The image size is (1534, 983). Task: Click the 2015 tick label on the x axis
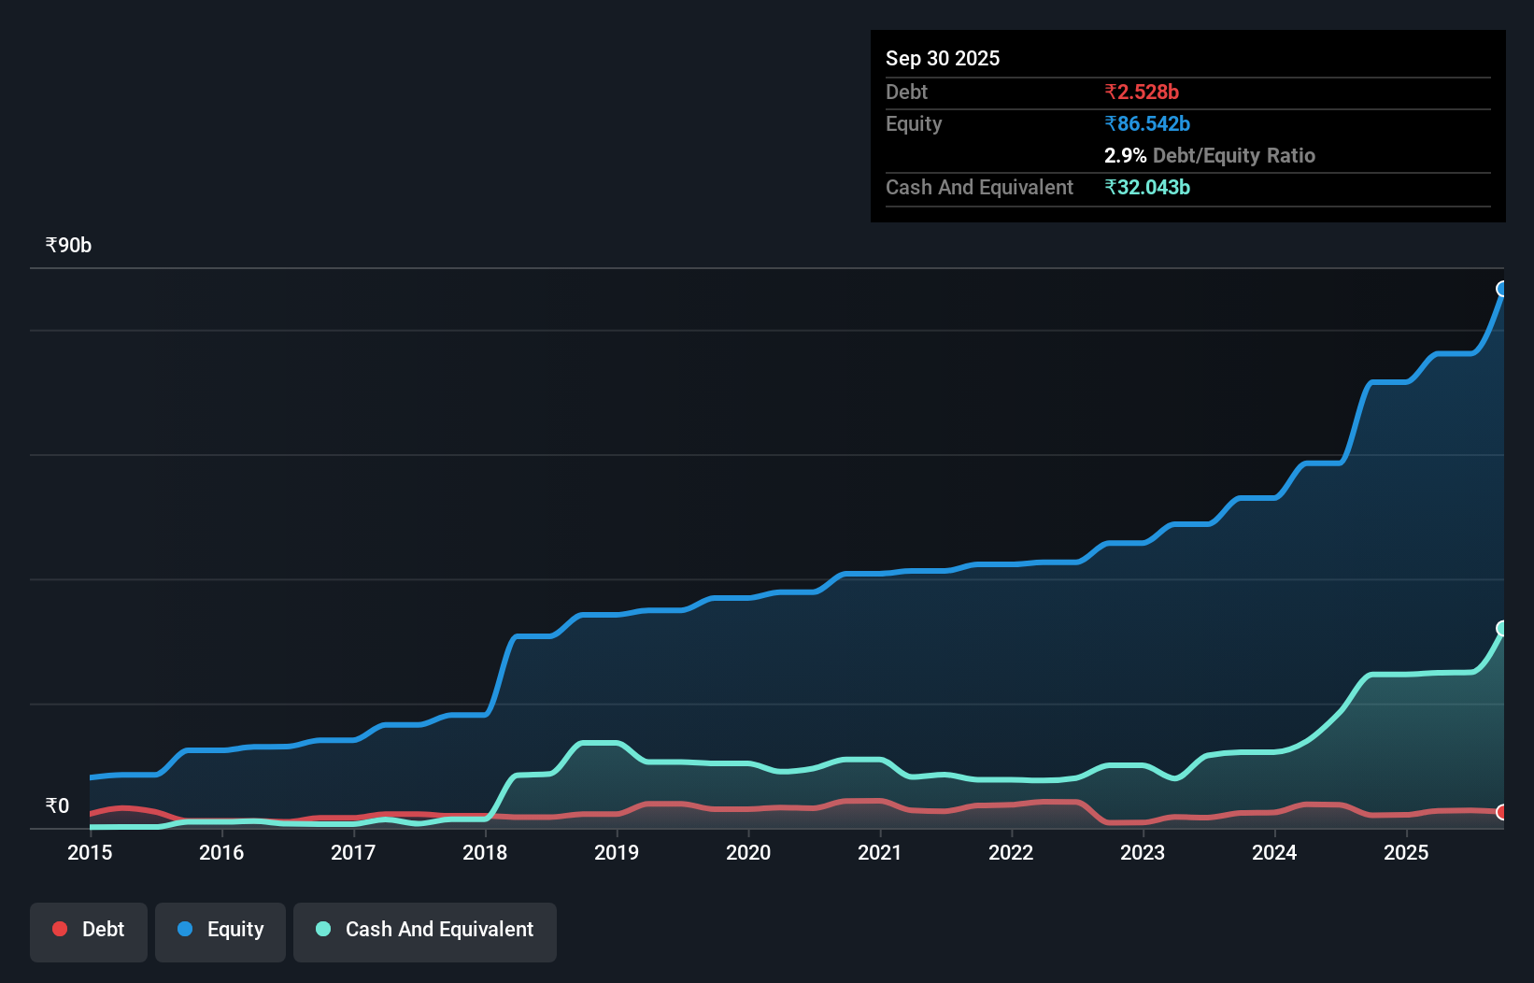(90, 852)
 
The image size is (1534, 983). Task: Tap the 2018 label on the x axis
(485, 852)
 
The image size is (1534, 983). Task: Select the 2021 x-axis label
(880, 852)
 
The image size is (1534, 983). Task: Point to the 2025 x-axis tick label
(1406, 852)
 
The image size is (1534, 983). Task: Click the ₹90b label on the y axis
(68, 245)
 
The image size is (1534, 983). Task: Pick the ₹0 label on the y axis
(57, 805)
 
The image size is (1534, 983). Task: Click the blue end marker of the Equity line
(1502, 289)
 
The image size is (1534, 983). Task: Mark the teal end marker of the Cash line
(1502, 628)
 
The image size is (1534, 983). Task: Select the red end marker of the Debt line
(1502, 812)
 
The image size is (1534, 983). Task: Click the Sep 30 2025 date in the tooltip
(943, 58)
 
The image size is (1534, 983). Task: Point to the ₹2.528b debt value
(1142, 92)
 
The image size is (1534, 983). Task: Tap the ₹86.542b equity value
(1147, 123)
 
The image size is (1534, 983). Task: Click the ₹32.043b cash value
(1147, 187)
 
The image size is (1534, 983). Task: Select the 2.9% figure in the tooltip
(1125, 155)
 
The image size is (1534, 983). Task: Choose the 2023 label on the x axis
(1143, 852)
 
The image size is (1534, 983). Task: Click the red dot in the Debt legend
(60, 929)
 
